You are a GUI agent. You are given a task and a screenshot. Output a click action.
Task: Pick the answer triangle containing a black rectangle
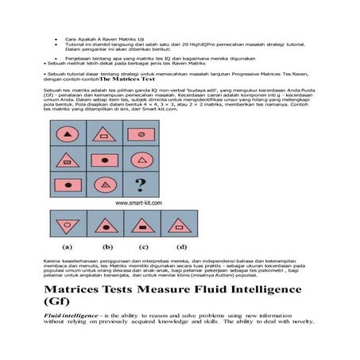pyautogui.click(x=143, y=225)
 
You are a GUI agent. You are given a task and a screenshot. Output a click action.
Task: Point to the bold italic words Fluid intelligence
pyautogui.click(x=72, y=315)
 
